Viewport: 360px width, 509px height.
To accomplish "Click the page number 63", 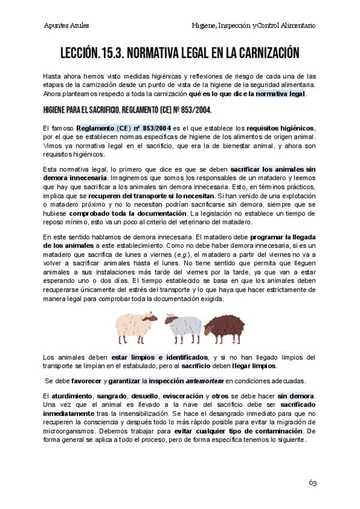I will [313, 483].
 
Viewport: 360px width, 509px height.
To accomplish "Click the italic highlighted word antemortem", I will [205, 381].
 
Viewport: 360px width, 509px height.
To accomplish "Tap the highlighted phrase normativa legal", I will [280, 94].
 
